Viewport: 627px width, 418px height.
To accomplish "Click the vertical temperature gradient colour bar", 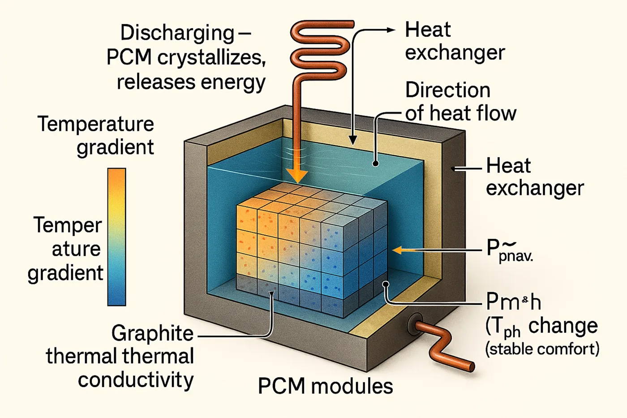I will [x=116, y=237].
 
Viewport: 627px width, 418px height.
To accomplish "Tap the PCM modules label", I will [x=325, y=386].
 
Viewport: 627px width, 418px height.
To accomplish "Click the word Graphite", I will [x=152, y=333].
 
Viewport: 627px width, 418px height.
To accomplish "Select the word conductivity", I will [x=136, y=380].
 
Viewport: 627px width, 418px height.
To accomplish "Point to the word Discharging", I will [x=177, y=33].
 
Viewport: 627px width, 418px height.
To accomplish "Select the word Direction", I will [x=447, y=90].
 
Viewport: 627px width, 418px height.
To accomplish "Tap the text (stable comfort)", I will [x=542, y=349].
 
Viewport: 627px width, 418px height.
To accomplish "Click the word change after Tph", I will [x=563, y=326].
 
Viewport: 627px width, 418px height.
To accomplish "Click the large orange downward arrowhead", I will [x=296, y=176].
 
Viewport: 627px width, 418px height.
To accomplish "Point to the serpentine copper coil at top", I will [x=319, y=49].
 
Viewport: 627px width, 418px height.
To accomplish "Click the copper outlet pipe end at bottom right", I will [x=471, y=366].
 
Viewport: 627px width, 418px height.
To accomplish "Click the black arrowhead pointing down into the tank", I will [x=353, y=141].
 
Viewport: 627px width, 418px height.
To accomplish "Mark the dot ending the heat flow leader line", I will [x=376, y=164].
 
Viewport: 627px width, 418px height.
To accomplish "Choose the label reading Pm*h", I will [x=513, y=302].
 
